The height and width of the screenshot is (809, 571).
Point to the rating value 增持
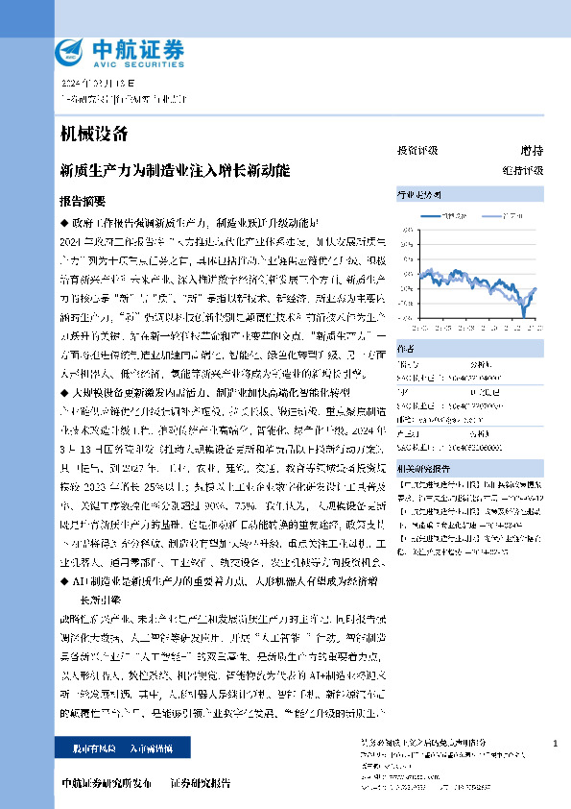pyautogui.click(x=531, y=151)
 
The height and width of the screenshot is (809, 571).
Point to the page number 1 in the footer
pyautogui.click(x=556, y=744)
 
